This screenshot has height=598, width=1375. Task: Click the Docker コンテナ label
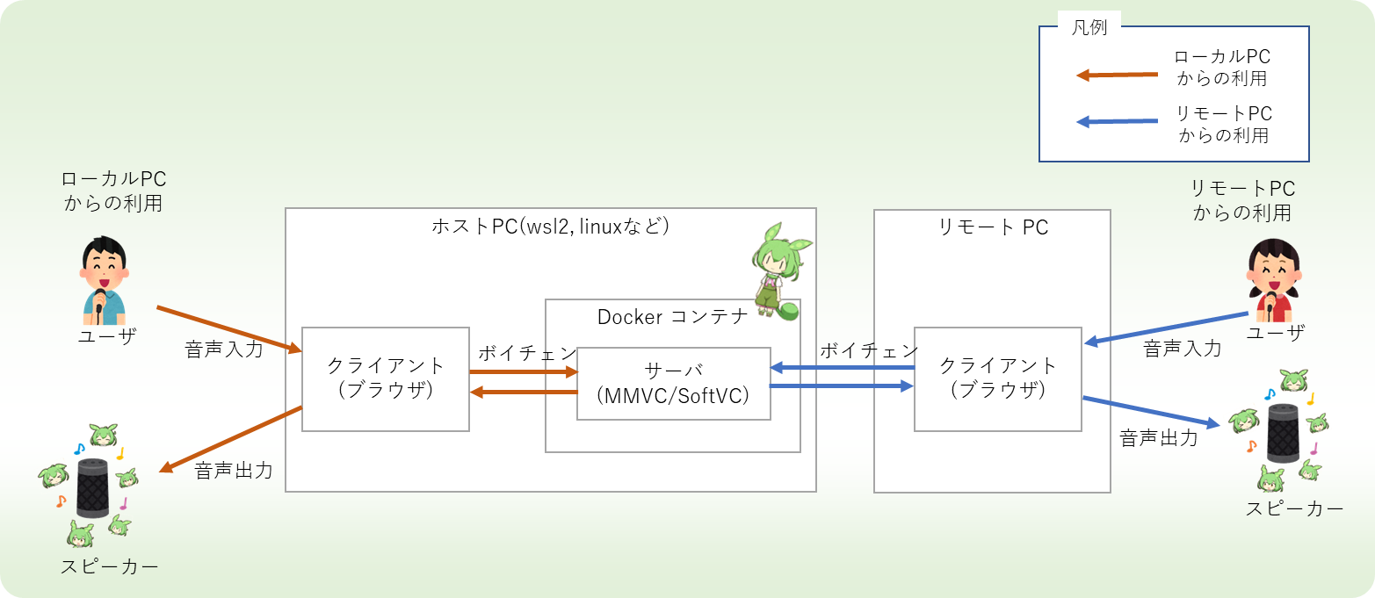point(673,317)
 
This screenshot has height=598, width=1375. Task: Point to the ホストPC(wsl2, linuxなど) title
point(550,227)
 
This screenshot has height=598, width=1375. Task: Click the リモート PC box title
point(993,227)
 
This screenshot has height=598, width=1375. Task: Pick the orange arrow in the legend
point(1118,76)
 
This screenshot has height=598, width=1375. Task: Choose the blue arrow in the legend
point(1118,121)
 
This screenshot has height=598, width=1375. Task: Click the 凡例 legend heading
point(1089,27)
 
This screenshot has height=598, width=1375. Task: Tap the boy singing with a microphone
point(104,280)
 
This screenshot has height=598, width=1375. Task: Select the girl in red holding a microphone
point(1274,280)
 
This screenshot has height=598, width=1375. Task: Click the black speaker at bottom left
point(92,488)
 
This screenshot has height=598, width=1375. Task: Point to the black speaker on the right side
point(1284,433)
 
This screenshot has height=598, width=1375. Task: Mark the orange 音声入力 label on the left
point(224,349)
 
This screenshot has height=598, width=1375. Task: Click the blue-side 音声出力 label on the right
point(1159,438)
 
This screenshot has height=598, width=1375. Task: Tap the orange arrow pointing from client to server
point(524,371)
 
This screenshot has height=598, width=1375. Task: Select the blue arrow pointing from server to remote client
point(842,385)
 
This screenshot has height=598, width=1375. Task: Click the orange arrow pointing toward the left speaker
point(230,439)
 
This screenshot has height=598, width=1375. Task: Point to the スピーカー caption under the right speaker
point(1294,508)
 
